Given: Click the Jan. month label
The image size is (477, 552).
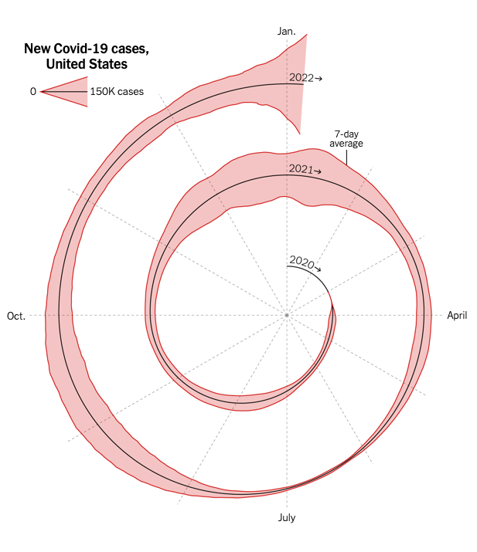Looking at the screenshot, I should point(286,31).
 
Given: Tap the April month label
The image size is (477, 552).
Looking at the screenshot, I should point(457,315).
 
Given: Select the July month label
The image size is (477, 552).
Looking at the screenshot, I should point(286,517).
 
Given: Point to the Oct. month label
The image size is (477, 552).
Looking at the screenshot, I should point(16,316).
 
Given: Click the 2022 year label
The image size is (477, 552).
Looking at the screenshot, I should point(301,77).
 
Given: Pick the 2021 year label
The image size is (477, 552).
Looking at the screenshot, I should point(300,168).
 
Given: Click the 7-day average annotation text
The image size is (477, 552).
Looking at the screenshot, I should point(346,139).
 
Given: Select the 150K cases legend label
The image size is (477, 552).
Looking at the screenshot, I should point(117,92).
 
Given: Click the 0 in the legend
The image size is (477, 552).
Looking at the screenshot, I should point(33,92).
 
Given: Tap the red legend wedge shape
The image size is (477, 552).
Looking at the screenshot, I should point(70,92).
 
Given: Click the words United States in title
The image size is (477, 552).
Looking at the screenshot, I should point(87,64).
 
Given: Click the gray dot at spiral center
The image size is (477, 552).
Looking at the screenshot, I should point(286,315).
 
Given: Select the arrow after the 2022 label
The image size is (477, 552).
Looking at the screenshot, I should point(319,78).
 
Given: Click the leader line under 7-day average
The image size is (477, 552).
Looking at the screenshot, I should point(346,157).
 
